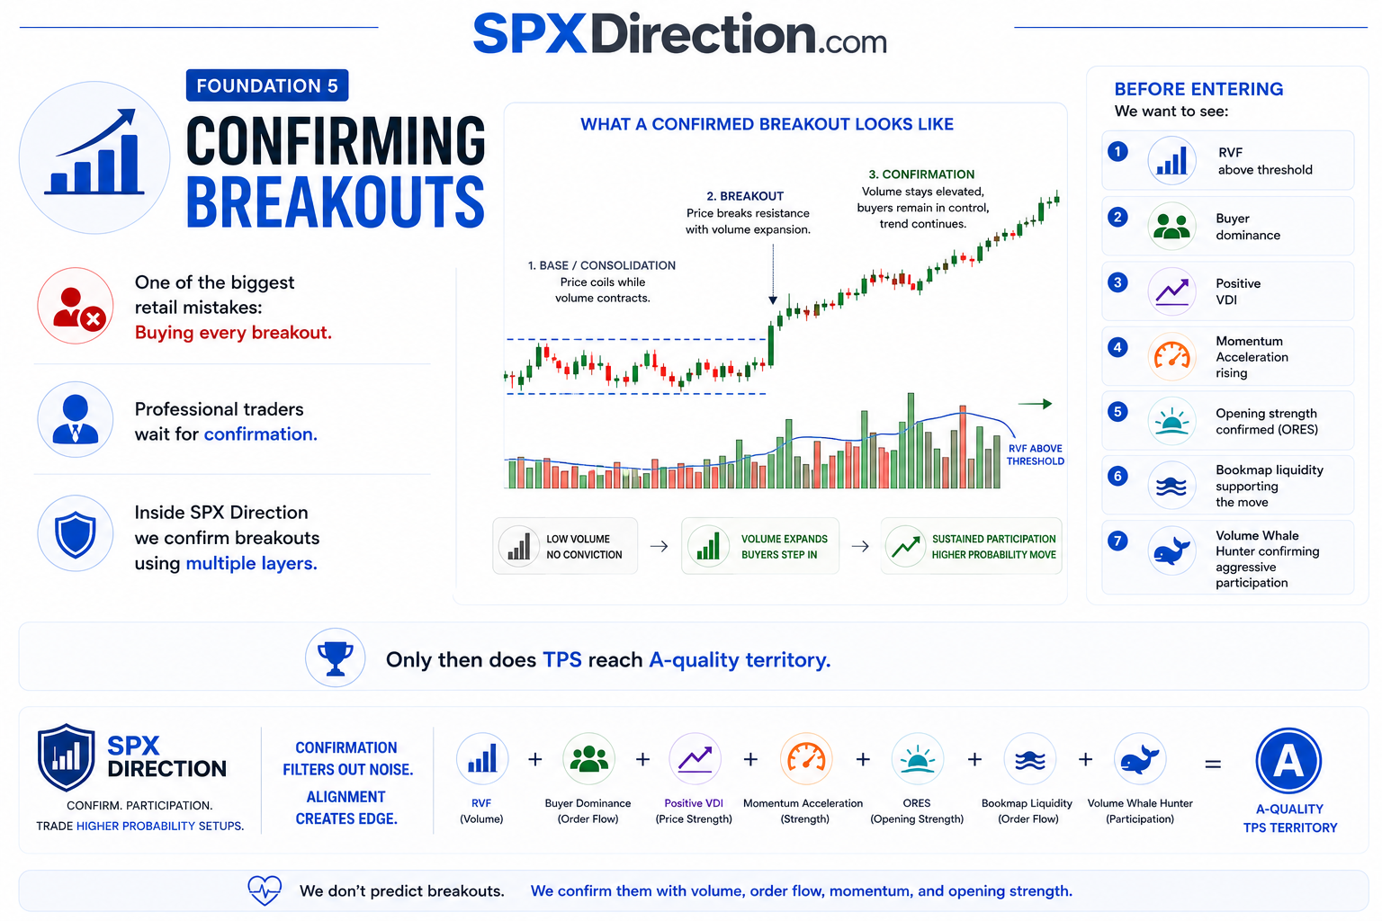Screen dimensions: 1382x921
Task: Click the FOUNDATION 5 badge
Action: (x=267, y=85)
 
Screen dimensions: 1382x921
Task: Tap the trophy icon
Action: (x=335, y=658)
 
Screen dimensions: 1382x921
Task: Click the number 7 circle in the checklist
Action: (x=1117, y=541)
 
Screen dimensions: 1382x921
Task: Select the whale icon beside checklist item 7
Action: (x=1171, y=550)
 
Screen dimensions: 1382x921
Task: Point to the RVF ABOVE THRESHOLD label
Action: (x=1036, y=454)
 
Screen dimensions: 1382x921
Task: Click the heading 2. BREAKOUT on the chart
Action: (x=745, y=196)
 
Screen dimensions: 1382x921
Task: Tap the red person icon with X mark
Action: (x=76, y=306)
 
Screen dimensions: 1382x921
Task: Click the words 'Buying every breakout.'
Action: (x=233, y=333)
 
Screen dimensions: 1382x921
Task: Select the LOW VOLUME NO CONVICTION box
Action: (x=564, y=546)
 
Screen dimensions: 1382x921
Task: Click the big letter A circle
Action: (x=1288, y=761)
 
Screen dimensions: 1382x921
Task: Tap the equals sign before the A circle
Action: (x=1213, y=765)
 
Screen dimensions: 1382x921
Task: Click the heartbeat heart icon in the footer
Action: (x=265, y=890)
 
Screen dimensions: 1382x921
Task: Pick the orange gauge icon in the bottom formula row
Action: (x=806, y=759)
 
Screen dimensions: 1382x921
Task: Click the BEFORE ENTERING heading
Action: (x=1198, y=89)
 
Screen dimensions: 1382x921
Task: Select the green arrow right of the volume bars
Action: (x=1035, y=404)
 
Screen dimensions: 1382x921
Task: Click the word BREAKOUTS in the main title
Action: (x=336, y=201)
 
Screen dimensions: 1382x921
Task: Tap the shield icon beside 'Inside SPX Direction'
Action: (x=76, y=533)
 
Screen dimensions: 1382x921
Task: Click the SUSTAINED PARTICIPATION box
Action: (x=971, y=546)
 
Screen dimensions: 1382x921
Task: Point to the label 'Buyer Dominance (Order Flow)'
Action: (x=588, y=810)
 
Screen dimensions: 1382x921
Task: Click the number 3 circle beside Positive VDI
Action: (x=1117, y=282)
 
